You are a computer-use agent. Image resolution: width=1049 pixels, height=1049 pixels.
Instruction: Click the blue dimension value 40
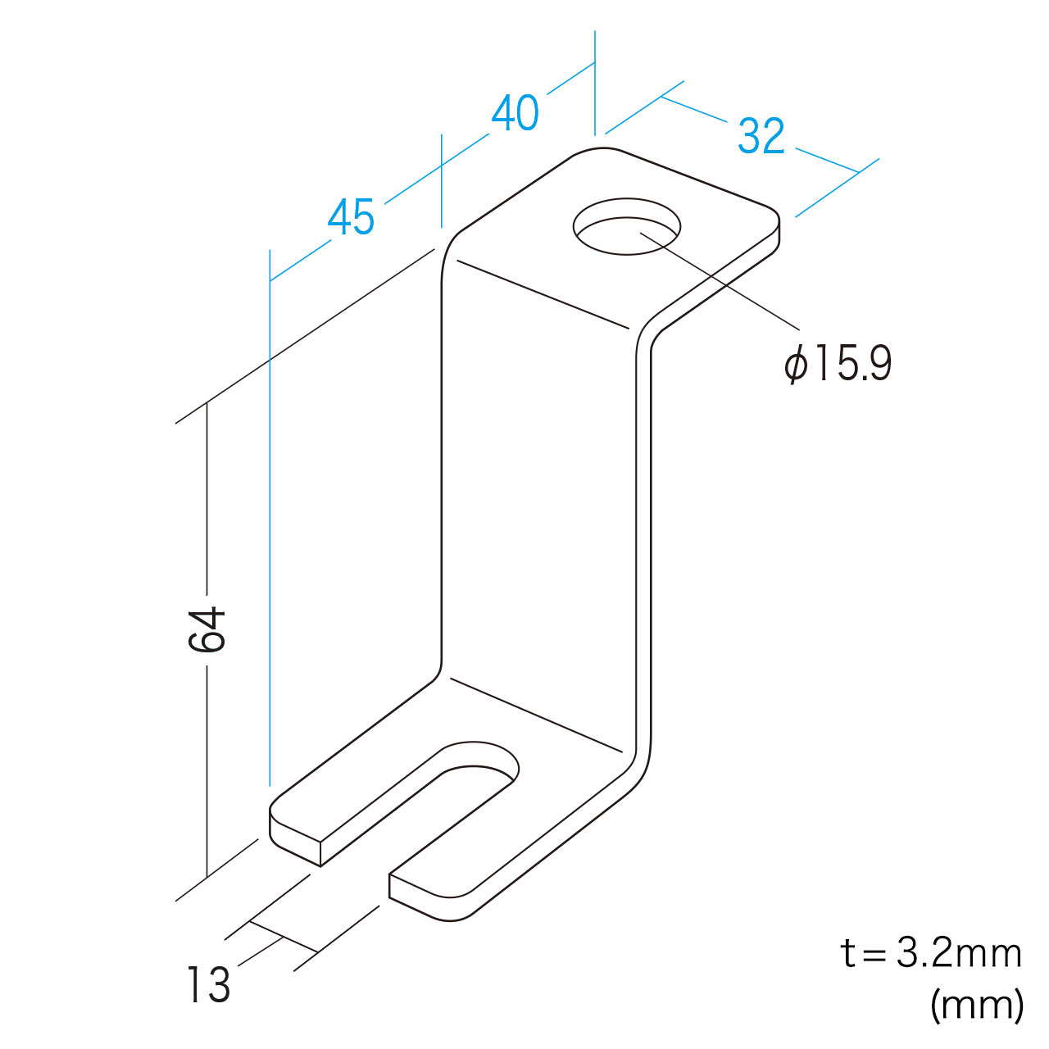coord(515,112)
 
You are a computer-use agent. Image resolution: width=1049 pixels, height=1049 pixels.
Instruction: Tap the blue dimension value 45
coord(351,216)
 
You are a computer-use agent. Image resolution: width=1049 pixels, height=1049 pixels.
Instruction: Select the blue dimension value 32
coord(761,135)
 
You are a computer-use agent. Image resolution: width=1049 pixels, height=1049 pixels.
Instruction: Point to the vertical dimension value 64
coord(207,630)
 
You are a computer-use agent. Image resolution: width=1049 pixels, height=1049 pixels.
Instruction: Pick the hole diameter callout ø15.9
coord(838,364)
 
